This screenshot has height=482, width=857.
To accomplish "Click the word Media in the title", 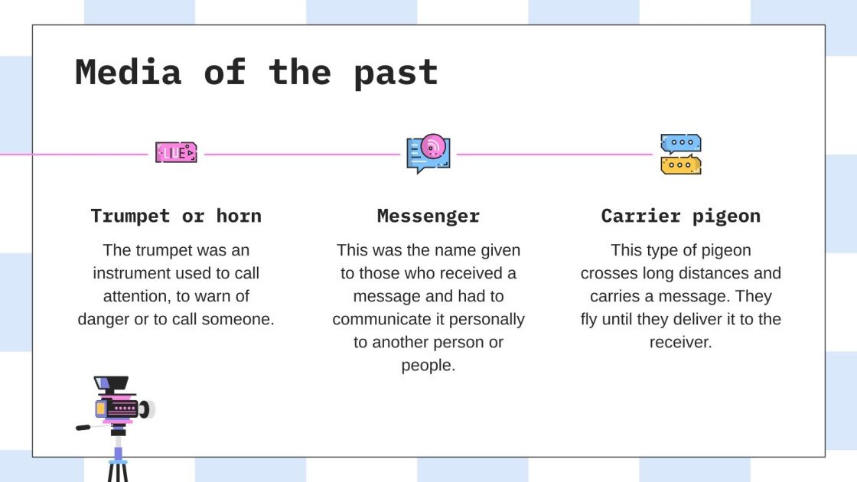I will (x=128, y=72).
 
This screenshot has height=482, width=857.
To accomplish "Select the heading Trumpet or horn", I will (x=176, y=216).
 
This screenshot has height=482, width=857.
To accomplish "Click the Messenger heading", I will (x=428, y=216).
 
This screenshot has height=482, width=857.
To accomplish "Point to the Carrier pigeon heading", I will (x=681, y=216).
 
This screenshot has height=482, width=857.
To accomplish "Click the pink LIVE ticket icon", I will (x=176, y=152).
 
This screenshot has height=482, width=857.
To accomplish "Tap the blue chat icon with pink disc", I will (x=428, y=154).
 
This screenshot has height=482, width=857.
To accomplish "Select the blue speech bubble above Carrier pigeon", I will (x=680, y=143).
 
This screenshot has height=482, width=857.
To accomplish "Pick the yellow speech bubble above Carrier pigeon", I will (x=680, y=164).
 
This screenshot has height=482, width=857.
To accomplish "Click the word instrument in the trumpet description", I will (x=131, y=273).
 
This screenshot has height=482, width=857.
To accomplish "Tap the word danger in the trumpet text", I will (x=103, y=319).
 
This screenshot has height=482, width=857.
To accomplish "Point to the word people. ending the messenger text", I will (x=428, y=365).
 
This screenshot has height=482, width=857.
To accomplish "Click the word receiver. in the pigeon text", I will (x=681, y=342).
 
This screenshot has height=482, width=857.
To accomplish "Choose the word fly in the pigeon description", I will (x=588, y=319).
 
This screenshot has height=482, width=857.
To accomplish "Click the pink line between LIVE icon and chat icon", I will (x=302, y=154).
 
